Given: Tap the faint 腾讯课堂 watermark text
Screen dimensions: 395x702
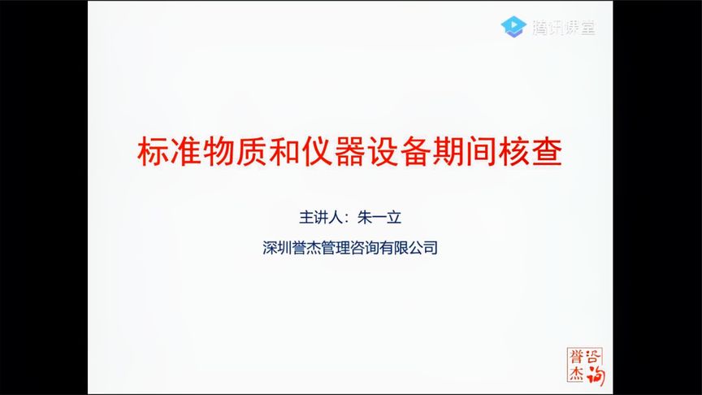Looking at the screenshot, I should (x=564, y=28).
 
